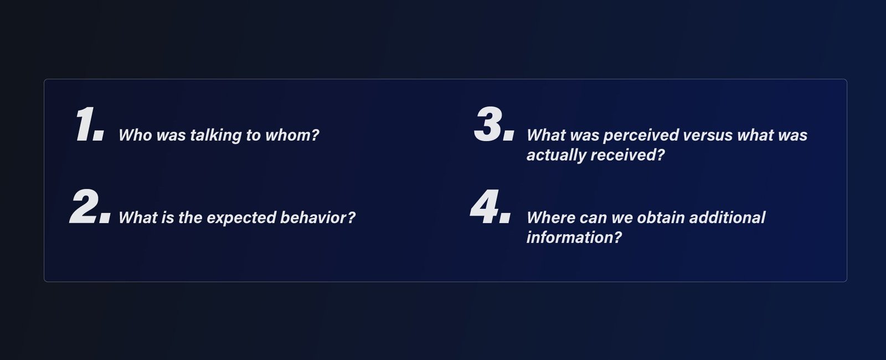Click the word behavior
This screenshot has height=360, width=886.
[x=317, y=218]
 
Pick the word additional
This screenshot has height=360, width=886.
[x=728, y=218]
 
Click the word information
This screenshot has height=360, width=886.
[x=574, y=238]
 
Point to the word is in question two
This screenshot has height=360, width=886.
[x=168, y=218]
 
